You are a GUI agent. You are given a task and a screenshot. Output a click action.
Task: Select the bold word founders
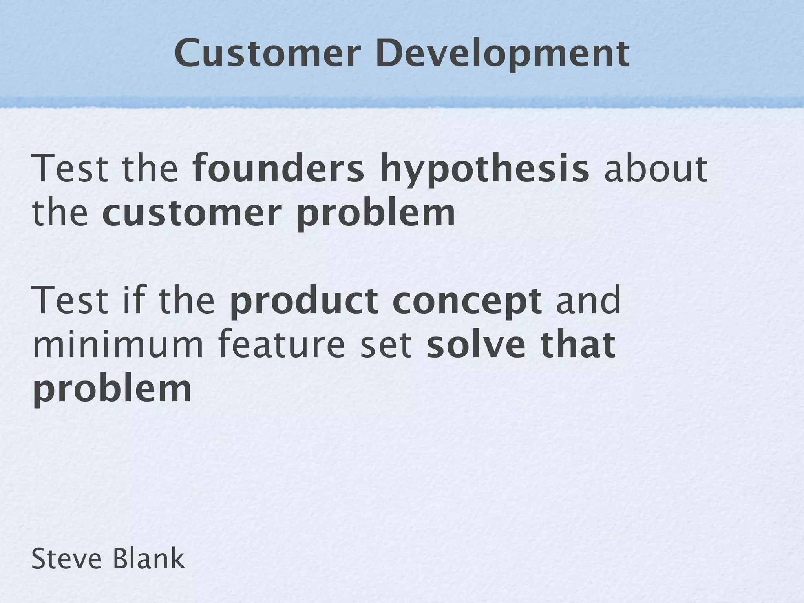click(x=278, y=169)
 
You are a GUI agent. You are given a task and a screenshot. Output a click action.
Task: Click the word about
click(x=655, y=169)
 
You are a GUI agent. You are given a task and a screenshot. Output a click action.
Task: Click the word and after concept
click(x=588, y=301)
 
